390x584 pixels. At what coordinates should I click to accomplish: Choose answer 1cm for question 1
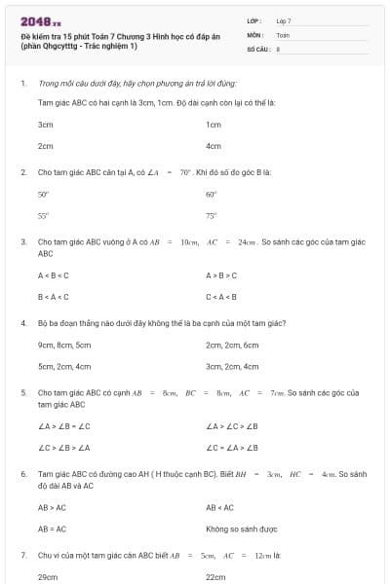point(214,125)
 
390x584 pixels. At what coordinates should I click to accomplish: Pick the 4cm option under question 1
point(214,146)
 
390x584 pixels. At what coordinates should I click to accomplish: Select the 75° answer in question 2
point(211,216)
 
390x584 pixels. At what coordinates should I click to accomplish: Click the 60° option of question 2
point(211,195)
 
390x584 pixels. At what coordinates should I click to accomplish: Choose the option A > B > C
point(222,275)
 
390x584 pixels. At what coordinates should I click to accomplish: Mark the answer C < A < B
point(222,297)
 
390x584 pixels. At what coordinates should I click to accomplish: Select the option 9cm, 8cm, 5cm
point(64,345)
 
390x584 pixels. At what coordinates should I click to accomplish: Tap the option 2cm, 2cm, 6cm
point(232,345)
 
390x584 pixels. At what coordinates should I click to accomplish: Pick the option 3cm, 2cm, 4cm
point(232,367)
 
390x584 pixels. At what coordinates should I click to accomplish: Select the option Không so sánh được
point(242,529)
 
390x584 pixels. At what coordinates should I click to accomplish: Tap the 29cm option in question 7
point(46,577)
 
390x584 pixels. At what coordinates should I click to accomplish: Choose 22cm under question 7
point(215,577)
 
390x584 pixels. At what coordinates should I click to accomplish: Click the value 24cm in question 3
point(247,240)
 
